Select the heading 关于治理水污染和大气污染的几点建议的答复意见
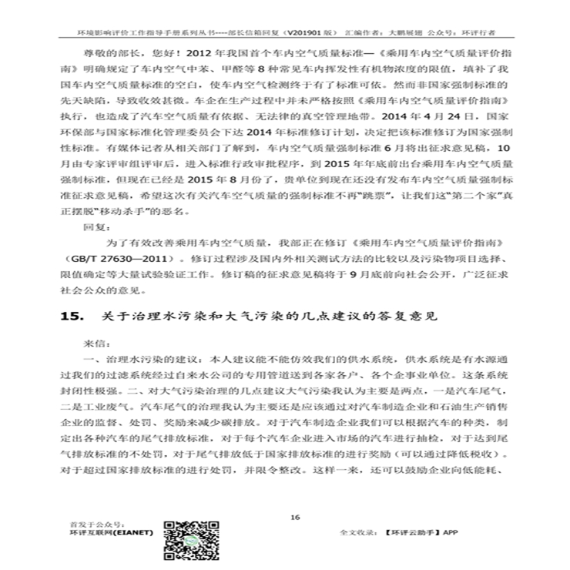click(x=282, y=317)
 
